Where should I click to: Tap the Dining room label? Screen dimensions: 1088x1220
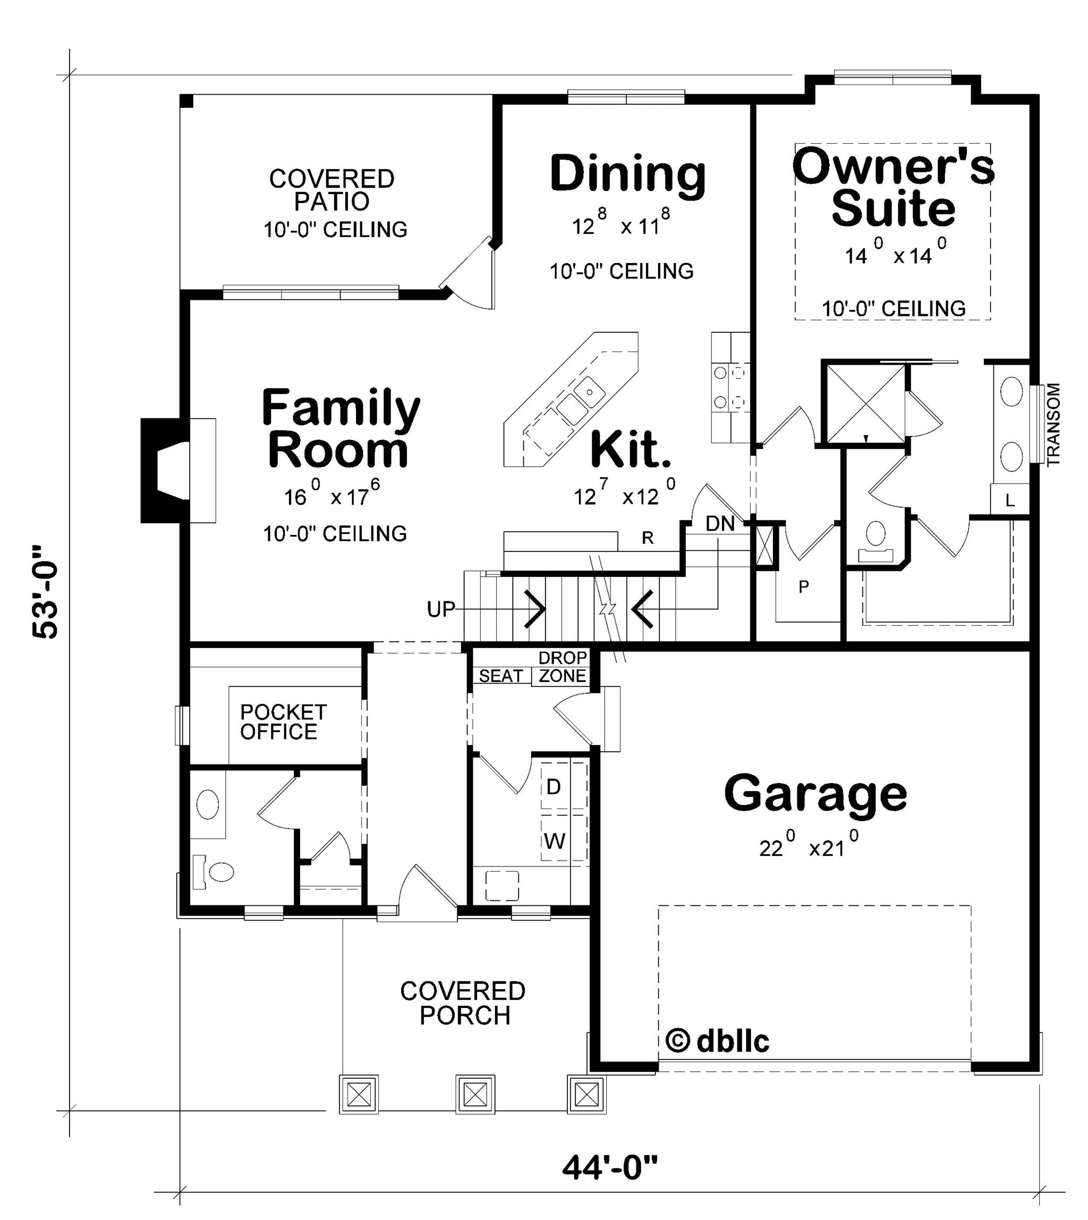[x=628, y=174]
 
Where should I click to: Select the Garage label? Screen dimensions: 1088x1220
[x=815, y=794]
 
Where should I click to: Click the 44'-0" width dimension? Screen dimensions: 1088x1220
[x=610, y=1167]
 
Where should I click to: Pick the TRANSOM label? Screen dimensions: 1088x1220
[x=1053, y=425]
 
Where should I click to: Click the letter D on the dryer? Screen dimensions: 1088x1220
[x=554, y=787]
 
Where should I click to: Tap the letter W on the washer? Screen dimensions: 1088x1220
[x=555, y=842]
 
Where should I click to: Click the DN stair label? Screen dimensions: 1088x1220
[x=720, y=524]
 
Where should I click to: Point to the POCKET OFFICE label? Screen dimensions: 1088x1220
[x=283, y=722]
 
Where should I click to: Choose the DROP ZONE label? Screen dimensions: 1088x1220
[x=563, y=667]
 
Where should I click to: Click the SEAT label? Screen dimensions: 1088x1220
[x=501, y=676]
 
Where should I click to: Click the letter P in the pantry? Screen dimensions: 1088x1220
[x=803, y=587]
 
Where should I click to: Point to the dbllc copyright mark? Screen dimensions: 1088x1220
[x=717, y=1041]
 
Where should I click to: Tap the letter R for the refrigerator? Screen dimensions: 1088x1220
[x=648, y=538]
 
